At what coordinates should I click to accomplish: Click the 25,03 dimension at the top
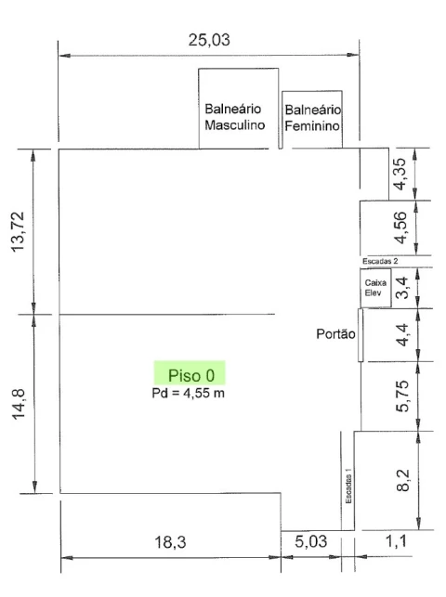pyautogui.click(x=209, y=40)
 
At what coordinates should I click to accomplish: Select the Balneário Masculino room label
pyautogui.click(x=235, y=117)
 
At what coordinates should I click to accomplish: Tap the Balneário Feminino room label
pyautogui.click(x=313, y=118)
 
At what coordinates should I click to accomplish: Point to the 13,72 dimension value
pyautogui.click(x=18, y=231)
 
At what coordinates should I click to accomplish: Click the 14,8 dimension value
pyautogui.click(x=19, y=405)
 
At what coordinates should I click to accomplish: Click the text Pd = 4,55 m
pyautogui.click(x=188, y=393)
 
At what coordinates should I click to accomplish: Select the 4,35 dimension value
pyautogui.click(x=400, y=174)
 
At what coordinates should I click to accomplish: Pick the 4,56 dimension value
pyautogui.click(x=400, y=227)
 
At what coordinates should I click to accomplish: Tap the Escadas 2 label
pyautogui.click(x=380, y=261)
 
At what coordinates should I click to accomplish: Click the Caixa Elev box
pyautogui.click(x=376, y=288)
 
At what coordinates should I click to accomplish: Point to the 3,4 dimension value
pyautogui.click(x=401, y=288)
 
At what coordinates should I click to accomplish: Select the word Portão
pyautogui.click(x=336, y=334)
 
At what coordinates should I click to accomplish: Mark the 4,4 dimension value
pyautogui.click(x=402, y=335)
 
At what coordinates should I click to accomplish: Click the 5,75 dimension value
pyautogui.click(x=402, y=396)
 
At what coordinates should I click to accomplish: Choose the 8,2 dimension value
pyautogui.click(x=403, y=481)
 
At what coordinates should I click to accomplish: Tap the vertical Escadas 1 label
pyautogui.click(x=348, y=486)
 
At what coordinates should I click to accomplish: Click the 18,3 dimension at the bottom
pyautogui.click(x=170, y=542)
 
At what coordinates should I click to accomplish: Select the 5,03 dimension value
pyautogui.click(x=310, y=541)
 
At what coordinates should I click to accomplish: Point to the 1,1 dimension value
pyautogui.click(x=397, y=541)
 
